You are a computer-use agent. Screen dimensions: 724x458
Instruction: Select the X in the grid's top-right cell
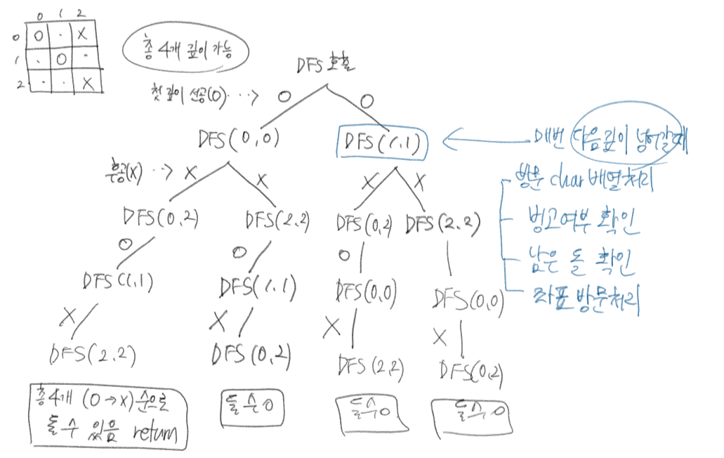(x=84, y=32)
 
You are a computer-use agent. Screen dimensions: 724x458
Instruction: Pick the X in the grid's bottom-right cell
(x=87, y=83)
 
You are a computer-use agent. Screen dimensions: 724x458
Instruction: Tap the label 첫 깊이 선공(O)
(x=187, y=95)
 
